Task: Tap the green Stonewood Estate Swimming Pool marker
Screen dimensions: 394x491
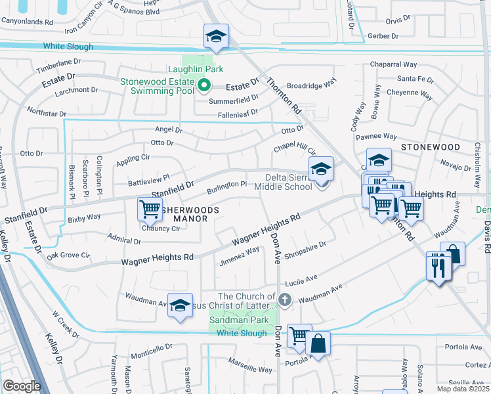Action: point(203,85)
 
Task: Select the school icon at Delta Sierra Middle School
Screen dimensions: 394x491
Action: point(322,169)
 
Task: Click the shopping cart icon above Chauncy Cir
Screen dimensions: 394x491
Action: point(150,209)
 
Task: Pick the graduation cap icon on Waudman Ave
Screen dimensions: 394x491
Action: point(180,305)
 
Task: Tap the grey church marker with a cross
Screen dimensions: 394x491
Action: point(284,301)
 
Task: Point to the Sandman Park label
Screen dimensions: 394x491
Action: point(239,320)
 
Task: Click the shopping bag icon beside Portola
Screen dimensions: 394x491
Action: point(318,343)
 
